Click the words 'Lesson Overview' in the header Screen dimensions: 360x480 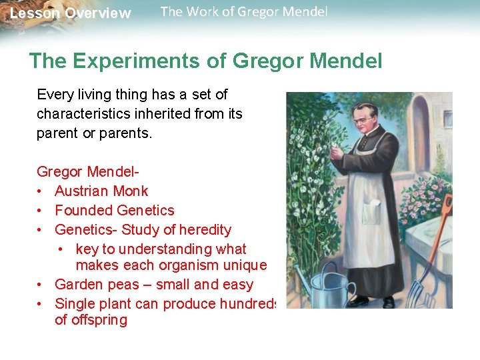click(71, 13)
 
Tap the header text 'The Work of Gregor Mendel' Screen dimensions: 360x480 click(244, 12)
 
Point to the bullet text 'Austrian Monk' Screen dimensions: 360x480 click(101, 191)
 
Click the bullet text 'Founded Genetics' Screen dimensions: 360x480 click(114, 211)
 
